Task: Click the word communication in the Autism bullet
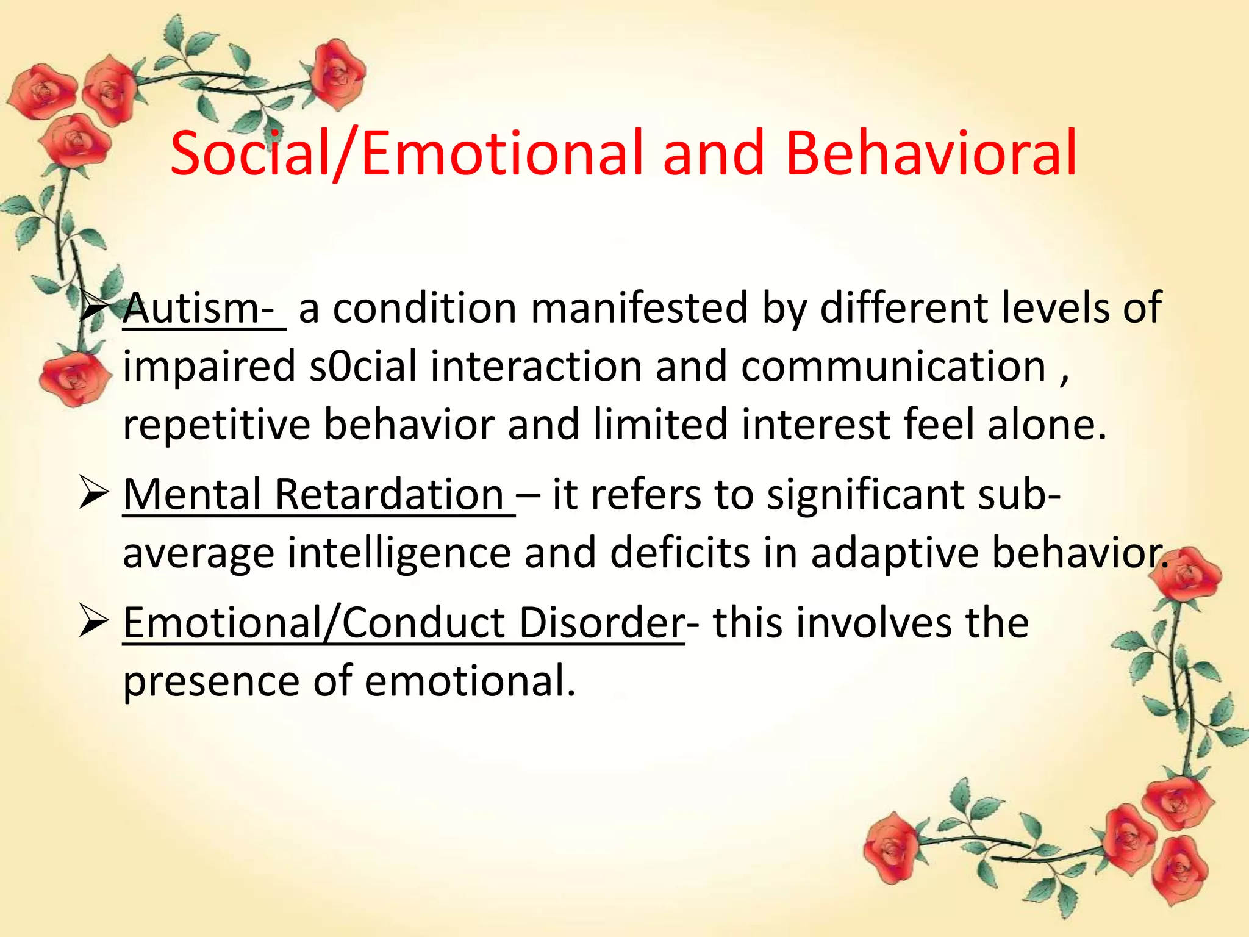click(x=893, y=367)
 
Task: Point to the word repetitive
click(x=217, y=425)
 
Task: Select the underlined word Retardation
click(x=388, y=494)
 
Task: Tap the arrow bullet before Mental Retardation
click(x=94, y=495)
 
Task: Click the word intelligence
click(x=399, y=553)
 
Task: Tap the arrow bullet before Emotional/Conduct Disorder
click(x=94, y=623)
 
